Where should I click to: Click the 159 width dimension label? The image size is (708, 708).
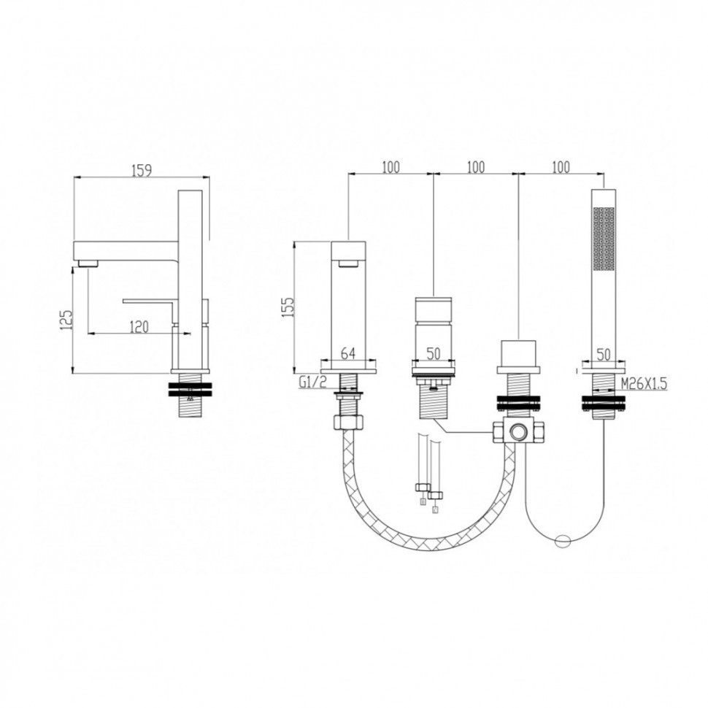[142, 170]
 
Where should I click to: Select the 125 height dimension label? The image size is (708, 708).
[66, 319]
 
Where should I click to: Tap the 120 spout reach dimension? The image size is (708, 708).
[139, 326]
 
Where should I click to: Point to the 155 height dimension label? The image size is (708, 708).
[288, 307]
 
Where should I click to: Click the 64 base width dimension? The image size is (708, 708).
[347, 353]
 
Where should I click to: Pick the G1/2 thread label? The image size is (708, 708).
[312, 382]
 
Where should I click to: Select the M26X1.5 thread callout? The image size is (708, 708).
[644, 384]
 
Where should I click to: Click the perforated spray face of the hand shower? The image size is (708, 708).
[604, 239]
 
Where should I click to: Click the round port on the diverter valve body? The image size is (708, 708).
[518, 433]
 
